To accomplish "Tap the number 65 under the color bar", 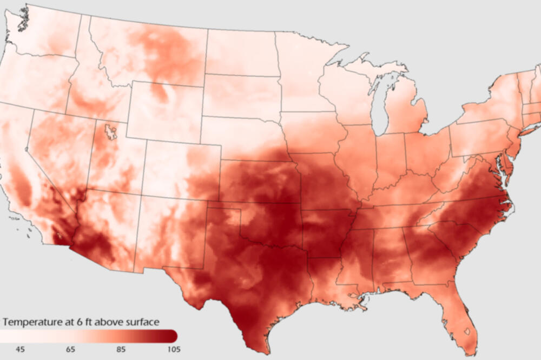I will coord(70,349).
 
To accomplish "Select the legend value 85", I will coord(120,349).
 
